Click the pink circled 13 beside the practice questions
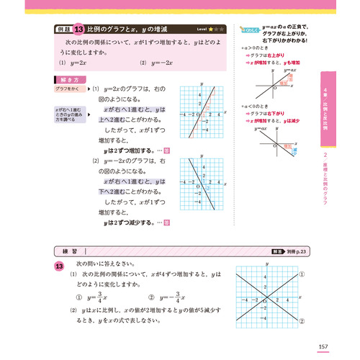click(x=60, y=266)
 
